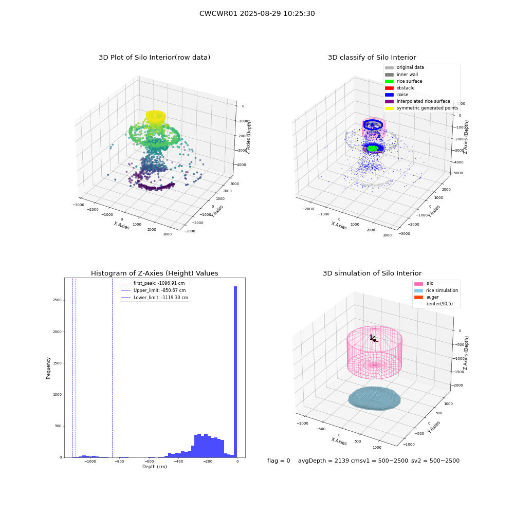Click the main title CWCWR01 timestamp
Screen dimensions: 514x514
point(257,13)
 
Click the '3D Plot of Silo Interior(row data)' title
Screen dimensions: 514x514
point(154,58)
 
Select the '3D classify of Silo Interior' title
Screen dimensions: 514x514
point(372,58)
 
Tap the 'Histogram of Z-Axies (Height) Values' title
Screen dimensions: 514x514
point(154,273)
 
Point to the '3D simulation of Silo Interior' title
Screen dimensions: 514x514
point(372,273)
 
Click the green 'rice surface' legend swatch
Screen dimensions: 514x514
point(389,81)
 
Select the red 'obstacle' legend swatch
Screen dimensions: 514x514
point(389,88)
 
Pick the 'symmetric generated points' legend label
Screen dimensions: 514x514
point(428,108)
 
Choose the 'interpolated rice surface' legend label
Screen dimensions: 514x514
point(423,101)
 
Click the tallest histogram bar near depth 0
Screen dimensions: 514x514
point(235,372)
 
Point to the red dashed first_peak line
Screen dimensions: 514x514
point(76,368)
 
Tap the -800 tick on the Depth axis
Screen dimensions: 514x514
point(119,461)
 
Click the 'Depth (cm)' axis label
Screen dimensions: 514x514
point(154,467)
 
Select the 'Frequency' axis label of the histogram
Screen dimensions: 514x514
point(48,368)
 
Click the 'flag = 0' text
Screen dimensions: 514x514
point(279,461)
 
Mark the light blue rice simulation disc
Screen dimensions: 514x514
point(374,398)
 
